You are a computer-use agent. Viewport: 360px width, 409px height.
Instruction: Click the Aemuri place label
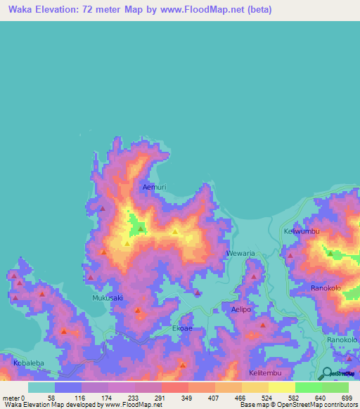tap(154, 188)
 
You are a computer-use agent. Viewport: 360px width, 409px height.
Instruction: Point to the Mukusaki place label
tap(108, 298)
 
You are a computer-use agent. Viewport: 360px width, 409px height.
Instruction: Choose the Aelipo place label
tap(241, 309)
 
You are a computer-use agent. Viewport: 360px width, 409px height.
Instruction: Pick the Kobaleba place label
tap(29, 363)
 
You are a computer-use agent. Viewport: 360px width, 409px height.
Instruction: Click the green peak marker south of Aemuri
tap(141, 228)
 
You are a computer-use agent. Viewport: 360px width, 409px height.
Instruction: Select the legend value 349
tap(176, 397)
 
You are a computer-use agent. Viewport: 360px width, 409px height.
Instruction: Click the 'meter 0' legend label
tap(14, 397)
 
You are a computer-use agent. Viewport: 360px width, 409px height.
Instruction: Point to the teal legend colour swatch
tap(41, 387)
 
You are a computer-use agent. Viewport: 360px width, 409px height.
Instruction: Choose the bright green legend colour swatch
tap(309, 387)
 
